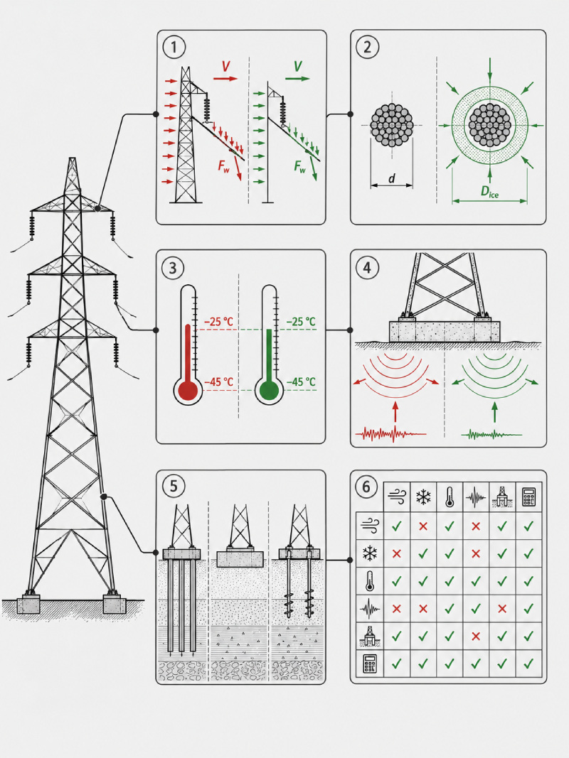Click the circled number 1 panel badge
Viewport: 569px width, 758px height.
pos(174,47)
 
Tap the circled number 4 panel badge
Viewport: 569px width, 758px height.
pos(367,267)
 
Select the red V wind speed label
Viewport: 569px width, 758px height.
pos(225,67)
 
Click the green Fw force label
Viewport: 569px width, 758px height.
pos(299,167)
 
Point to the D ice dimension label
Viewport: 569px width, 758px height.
pos(489,191)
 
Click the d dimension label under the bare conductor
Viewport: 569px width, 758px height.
pos(391,178)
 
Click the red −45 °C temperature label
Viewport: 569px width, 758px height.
pos(218,382)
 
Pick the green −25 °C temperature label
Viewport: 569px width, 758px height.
pos(300,322)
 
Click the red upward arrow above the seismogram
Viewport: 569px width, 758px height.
pos(395,411)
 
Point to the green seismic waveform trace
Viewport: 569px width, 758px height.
pos(491,434)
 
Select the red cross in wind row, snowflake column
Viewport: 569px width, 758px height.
pos(423,526)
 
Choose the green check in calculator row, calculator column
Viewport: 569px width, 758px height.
pos(528,664)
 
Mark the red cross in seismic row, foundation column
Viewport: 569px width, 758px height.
pos(502,609)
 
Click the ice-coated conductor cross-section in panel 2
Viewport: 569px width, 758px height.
pos(489,126)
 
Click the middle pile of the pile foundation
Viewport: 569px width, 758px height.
pos(182,606)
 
